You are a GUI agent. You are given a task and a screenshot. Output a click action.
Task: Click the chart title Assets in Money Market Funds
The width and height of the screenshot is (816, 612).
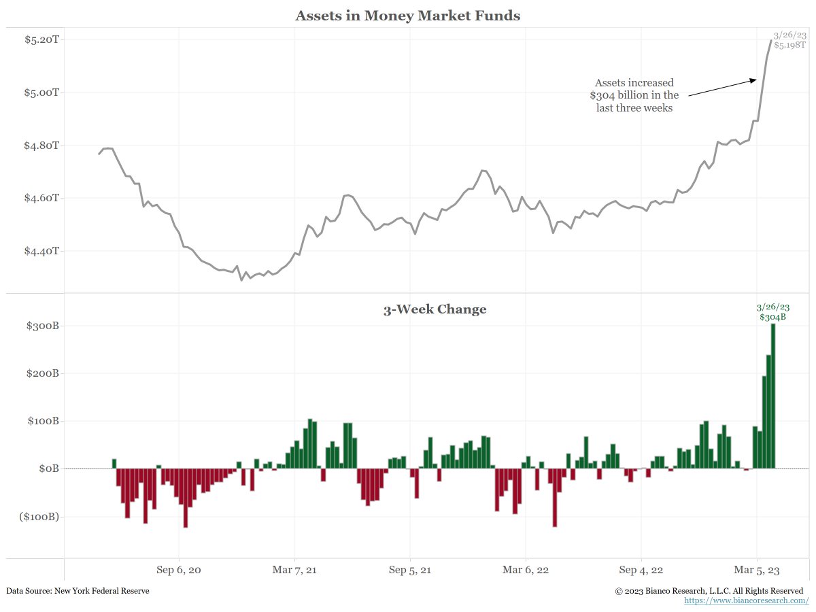[x=407, y=16]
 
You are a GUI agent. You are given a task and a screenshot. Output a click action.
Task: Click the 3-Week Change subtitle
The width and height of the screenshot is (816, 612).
[x=435, y=309]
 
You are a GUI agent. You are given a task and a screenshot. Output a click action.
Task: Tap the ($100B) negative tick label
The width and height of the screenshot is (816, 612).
[x=39, y=517]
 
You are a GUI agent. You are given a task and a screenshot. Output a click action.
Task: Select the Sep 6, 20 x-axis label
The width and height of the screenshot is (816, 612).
[x=179, y=570]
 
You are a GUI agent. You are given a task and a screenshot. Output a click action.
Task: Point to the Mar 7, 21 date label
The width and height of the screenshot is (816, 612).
[x=294, y=570]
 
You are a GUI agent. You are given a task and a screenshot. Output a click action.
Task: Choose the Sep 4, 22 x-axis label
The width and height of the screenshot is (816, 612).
[x=641, y=570]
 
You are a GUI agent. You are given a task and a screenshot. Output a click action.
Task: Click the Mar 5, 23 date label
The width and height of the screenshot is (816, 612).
[x=756, y=570]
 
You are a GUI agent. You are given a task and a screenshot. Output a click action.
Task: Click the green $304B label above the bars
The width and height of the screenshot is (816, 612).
[x=772, y=317]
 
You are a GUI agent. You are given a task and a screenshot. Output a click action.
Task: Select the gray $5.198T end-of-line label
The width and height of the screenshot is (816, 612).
[x=789, y=45]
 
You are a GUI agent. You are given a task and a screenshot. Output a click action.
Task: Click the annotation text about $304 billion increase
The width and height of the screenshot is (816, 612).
[x=634, y=95]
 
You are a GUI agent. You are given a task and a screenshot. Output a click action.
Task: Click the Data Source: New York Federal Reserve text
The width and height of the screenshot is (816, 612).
[x=78, y=591]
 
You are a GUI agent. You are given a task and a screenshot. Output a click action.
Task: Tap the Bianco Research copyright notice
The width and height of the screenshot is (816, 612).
[x=709, y=591]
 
